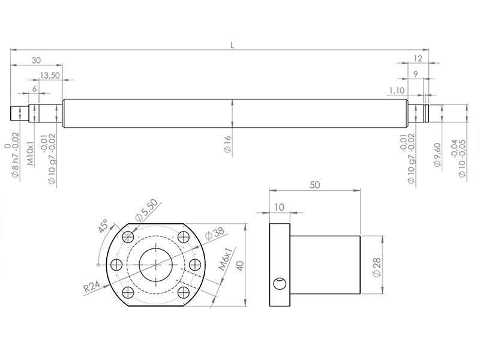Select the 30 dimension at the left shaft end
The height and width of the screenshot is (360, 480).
36,60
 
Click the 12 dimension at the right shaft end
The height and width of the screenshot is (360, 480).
418,58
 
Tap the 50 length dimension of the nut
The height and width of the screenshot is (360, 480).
314,185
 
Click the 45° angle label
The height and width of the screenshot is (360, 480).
103,227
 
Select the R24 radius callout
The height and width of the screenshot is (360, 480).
91,287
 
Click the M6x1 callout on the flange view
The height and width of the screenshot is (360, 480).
224,260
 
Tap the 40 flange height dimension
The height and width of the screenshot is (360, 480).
240,266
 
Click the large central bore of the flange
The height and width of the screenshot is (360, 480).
156,264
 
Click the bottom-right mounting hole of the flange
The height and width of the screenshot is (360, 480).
184,292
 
